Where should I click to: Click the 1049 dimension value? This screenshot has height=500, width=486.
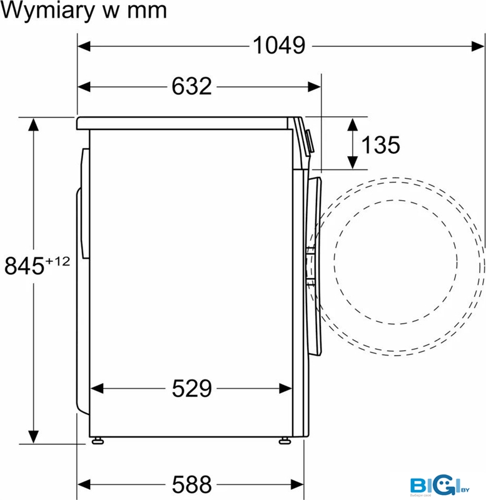(x=279, y=45)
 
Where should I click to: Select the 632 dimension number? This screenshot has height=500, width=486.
(x=191, y=86)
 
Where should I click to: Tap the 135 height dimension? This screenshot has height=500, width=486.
(x=380, y=145)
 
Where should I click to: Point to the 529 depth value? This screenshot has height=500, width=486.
(x=191, y=388)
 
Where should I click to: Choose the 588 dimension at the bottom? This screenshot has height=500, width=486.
(x=191, y=484)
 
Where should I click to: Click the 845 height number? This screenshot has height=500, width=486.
(x=24, y=266)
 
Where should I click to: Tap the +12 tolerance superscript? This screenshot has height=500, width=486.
(x=58, y=261)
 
